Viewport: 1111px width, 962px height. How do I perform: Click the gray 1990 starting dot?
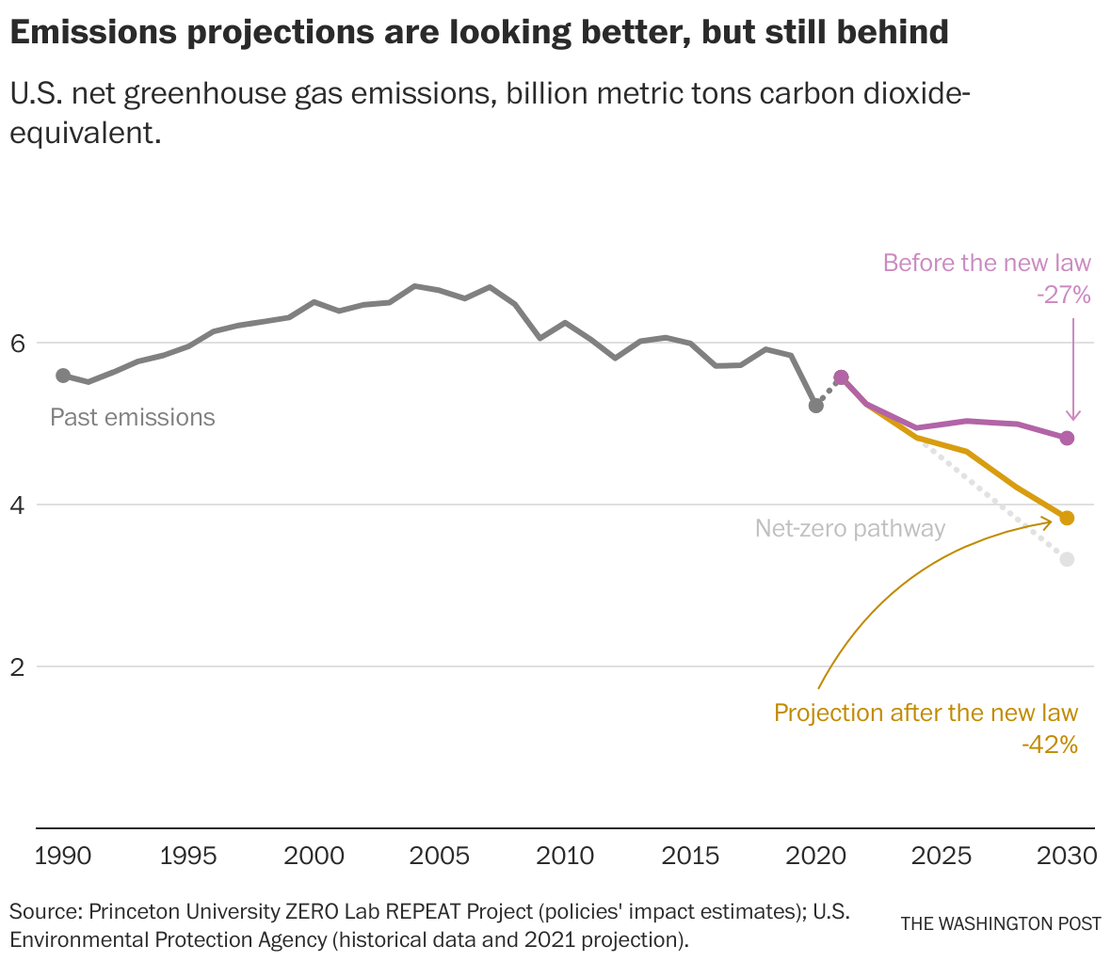(63, 376)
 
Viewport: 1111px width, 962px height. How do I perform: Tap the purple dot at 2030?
(1067, 438)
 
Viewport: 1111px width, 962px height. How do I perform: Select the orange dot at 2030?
(1067, 518)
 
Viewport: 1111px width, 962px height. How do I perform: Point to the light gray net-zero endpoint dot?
(1067, 559)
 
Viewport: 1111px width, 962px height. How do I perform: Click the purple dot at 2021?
(841, 377)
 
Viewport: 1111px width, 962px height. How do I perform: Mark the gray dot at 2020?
(816, 405)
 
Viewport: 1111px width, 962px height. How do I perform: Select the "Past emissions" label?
(133, 417)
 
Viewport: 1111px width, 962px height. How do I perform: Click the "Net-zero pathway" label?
(849, 528)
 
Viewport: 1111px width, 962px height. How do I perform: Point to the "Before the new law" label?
(986, 263)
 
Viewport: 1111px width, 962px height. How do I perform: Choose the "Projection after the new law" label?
(926, 713)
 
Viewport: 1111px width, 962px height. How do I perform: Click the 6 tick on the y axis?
(17, 343)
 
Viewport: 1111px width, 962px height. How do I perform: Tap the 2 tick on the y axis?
(17, 666)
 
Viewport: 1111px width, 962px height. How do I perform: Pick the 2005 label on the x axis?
(440, 856)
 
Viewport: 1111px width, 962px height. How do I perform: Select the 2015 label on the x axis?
(691, 856)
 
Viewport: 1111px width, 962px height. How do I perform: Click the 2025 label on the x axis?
(942, 856)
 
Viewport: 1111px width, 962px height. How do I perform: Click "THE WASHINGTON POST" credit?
(1001, 923)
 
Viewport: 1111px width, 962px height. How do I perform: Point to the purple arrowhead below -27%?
(1072, 416)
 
